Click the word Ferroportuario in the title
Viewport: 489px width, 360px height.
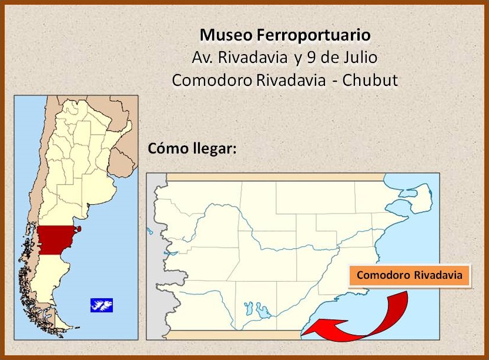click(x=314, y=35)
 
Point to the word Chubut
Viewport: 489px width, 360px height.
click(x=370, y=80)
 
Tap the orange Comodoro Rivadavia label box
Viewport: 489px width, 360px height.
click(x=410, y=275)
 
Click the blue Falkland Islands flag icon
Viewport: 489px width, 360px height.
click(x=101, y=305)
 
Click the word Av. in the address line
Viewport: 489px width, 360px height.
click(x=203, y=58)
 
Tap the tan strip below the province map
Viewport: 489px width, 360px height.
click(x=235, y=336)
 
